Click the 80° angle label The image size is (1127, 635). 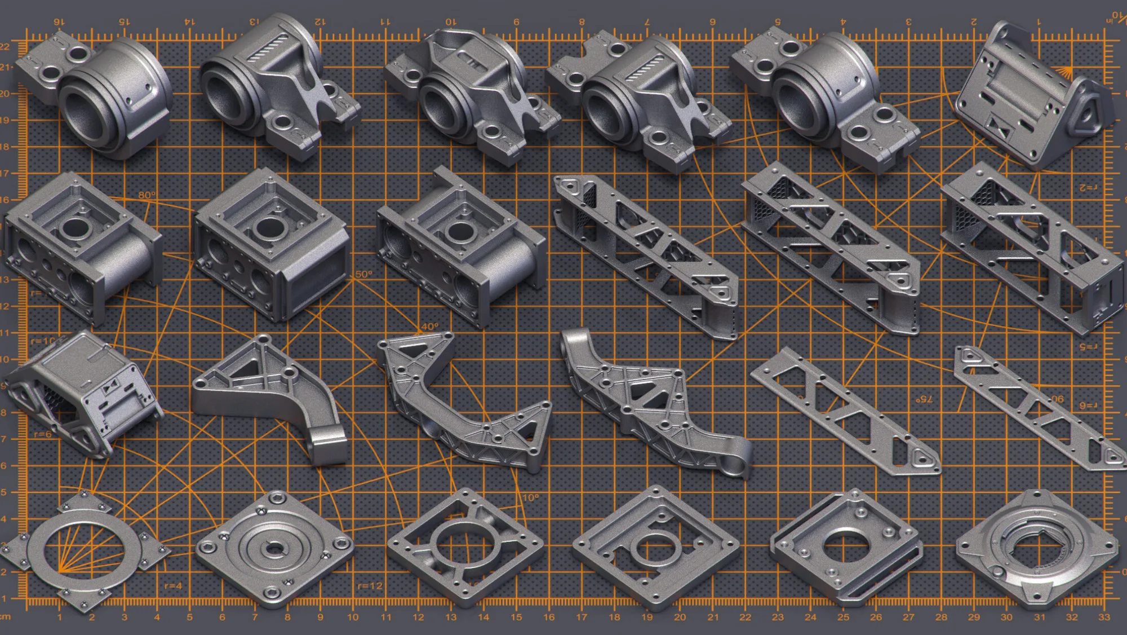point(147,195)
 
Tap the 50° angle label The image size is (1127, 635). point(364,275)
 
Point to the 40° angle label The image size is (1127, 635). point(429,327)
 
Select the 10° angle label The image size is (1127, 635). point(530,498)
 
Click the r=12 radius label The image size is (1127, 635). point(370,586)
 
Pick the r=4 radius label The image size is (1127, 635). point(173,586)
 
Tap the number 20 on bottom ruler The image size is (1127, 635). point(680,617)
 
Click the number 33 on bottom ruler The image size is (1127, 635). point(1104,617)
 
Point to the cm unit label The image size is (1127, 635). point(5,616)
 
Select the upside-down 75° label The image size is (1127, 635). point(924,399)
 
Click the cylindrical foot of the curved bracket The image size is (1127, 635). point(329,446)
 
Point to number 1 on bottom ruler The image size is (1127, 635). point(59,617)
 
